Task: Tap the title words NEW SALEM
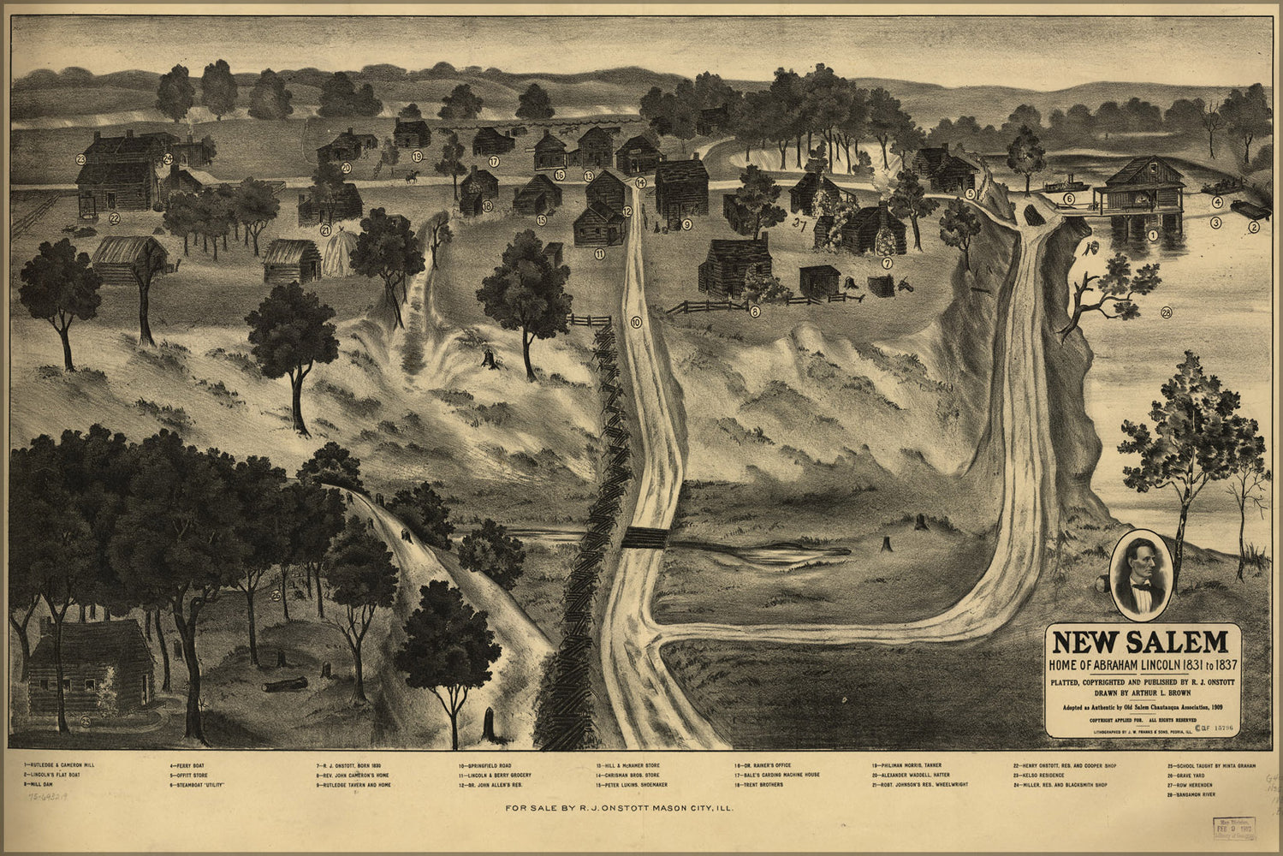coord(1138,642)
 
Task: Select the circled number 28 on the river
coord(1167,312)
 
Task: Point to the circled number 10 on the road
coord(635,323)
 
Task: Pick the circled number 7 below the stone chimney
coord(888,263)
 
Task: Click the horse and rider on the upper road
coord(412,178)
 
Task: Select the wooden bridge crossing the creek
coord(643,538)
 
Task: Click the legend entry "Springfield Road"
coord(490,764)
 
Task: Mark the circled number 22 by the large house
coord(115,218)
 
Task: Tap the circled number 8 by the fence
coord(754,312)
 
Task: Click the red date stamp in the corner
coord(1230,829)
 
